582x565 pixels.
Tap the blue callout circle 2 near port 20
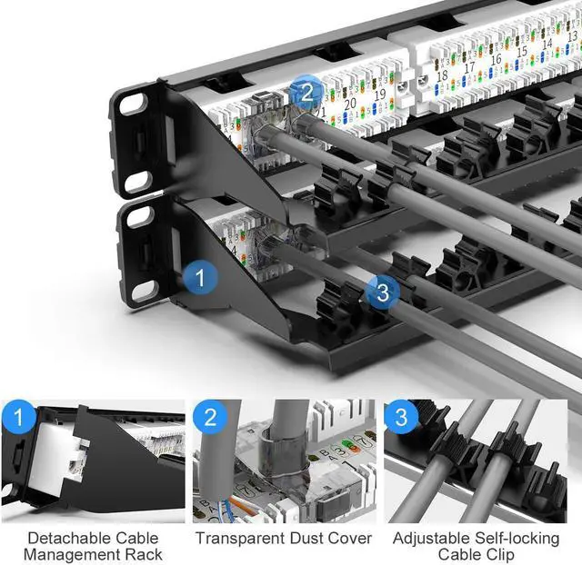coord(306,91)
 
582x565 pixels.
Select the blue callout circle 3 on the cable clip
coord(383,292)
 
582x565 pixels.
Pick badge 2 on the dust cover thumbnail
coord(210,418)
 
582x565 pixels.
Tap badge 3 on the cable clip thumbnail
coord(401,418)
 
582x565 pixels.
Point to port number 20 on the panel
coord(352,103)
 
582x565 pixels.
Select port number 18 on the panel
coord(442,75)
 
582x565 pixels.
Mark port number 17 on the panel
coord(469,67)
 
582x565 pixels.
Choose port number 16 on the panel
coord(496,60)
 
